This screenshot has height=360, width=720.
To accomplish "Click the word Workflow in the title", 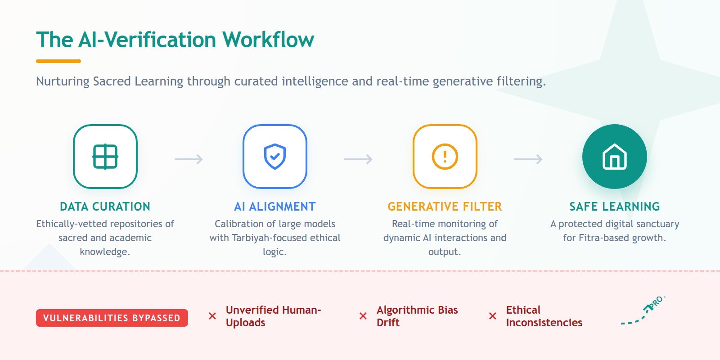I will (x=268, y=40).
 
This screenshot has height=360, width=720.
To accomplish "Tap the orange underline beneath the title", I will (x=58, y=61).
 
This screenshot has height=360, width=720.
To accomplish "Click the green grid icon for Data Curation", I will (x=105, y=157).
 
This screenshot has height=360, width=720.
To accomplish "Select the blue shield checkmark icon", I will (x=275, y=157).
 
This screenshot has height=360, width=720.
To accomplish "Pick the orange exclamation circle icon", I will (x=445, y=157).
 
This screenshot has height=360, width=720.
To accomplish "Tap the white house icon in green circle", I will (x=615, y=157).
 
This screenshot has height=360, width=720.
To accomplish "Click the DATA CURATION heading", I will (x=105, y=207).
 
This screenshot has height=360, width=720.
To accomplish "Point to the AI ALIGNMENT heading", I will (x=275, y=207).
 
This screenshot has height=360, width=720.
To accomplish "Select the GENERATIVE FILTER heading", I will (x=445, y=207).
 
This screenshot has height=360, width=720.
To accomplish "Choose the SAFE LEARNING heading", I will (x=615, y=207).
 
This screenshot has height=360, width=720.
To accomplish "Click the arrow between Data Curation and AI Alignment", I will (x=189, y=159).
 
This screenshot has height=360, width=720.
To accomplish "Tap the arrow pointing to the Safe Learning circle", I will (x=528, y=159).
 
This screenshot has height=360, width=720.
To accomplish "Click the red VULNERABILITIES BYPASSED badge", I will (x=112, y=318).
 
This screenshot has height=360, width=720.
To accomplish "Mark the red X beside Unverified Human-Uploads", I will (x=212, y=316).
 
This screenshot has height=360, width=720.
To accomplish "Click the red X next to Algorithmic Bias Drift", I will (x=363, y=316).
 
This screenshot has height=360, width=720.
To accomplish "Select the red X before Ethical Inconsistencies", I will (x=493, y=316).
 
